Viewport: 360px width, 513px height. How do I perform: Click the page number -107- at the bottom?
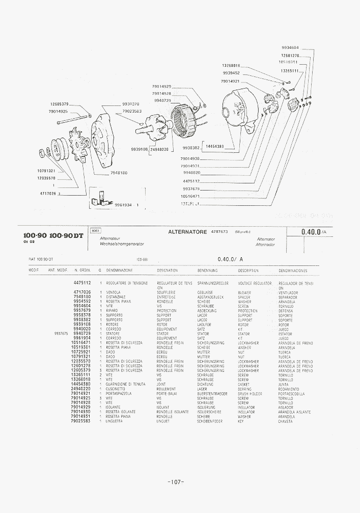(x=175, y=482)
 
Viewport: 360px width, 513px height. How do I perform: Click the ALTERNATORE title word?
(x=187, y=232)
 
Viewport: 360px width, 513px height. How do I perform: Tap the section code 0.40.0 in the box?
(x=311, y=232)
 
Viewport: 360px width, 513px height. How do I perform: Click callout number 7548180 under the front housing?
(x=119, y=173)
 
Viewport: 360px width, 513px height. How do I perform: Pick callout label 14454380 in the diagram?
(x=215, y=146)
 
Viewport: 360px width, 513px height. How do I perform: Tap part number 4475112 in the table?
(x=82, y=283)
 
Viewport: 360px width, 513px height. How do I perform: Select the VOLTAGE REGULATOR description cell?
(x=255, y=283)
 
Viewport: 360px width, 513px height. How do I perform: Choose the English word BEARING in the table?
(x=244, y=389)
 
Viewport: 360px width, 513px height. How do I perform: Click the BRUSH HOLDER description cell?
(x=250, y=394)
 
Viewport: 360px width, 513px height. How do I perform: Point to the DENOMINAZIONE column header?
(x=120, y=271)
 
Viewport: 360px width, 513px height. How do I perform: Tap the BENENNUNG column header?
(x=207, y=271)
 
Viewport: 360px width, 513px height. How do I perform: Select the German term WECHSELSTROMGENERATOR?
(x=122, y=245)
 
